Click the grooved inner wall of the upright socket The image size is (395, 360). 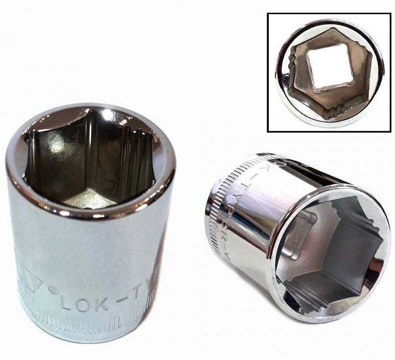coord(132,157)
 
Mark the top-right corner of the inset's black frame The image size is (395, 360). coord(390,14)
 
